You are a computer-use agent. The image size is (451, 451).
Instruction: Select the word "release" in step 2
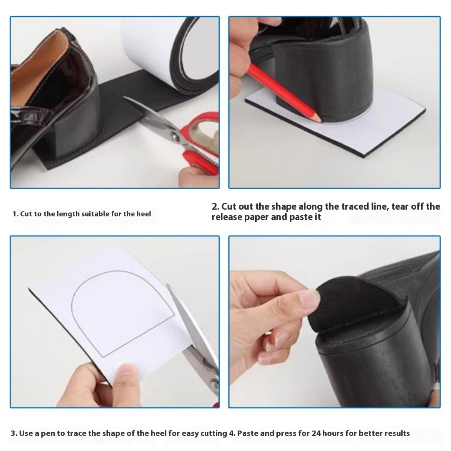227,217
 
